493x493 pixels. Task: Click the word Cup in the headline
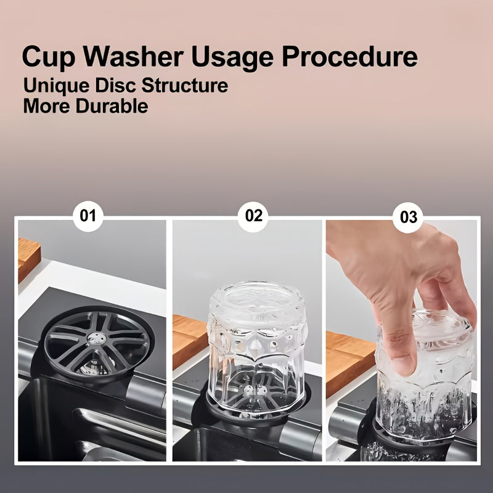click(x=49, y=57)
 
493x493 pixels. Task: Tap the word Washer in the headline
click(x=133, y=57)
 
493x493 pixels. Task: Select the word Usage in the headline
click(x=232, y=58)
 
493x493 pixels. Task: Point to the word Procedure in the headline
click(x=349, y=57)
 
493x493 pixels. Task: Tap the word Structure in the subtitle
click(x=184, y=85)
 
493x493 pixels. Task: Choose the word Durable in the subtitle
click(x=112, y=106)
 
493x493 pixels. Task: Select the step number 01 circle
click(x=88, y=216)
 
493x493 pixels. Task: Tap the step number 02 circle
click(x=253, y=216)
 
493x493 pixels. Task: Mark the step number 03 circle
click(x=408, y=218)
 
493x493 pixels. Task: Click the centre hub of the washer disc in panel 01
click(x=97, y=337)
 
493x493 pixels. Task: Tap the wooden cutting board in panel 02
click(x=190, y=341)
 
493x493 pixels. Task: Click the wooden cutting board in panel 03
click(x=349, y=362)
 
